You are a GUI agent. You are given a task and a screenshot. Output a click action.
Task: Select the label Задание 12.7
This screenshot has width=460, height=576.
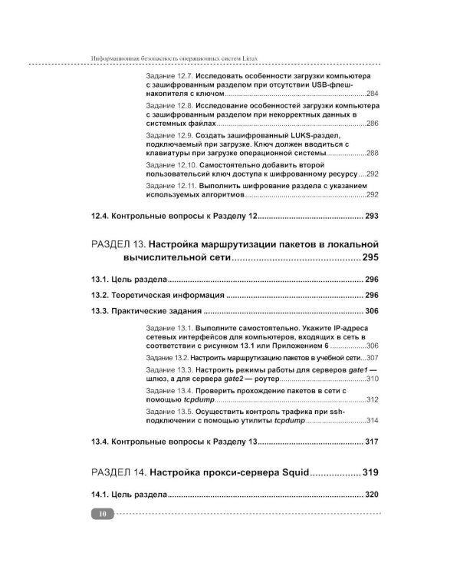169,78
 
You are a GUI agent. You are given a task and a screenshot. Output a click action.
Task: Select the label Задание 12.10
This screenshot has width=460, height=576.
171,164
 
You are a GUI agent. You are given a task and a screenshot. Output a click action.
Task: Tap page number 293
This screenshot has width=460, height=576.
372,217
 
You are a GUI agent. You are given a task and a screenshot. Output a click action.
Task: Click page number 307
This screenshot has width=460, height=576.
373,358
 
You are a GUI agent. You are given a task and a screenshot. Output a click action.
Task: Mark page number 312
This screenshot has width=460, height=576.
373,399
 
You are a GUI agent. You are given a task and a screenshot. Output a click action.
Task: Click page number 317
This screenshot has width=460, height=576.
372,442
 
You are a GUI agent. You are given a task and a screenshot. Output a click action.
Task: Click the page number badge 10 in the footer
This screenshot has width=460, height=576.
102,514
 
